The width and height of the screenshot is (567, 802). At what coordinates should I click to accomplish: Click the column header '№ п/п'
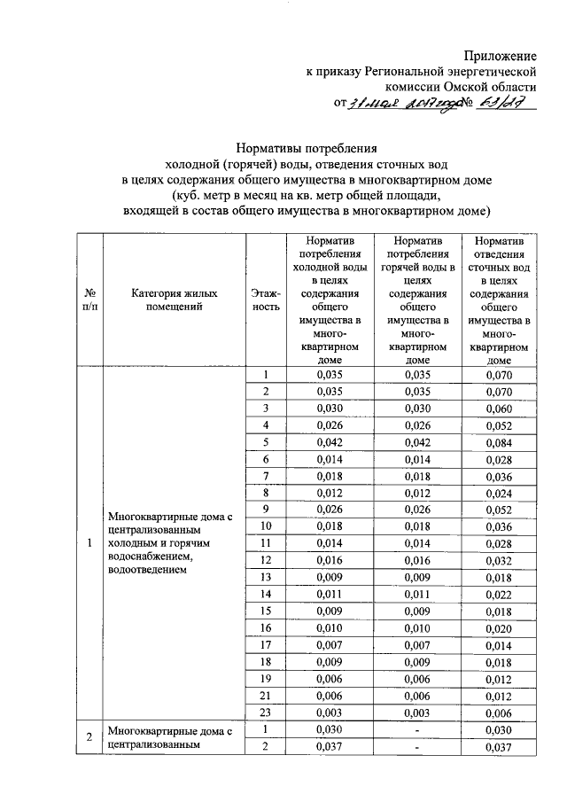(89, 300)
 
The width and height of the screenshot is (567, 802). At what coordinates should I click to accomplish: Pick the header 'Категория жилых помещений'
(174, 300)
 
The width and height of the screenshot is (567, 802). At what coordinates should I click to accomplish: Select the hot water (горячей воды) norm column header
(417, 300)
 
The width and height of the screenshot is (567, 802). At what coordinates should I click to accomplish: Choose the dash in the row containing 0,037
(417, 747)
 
